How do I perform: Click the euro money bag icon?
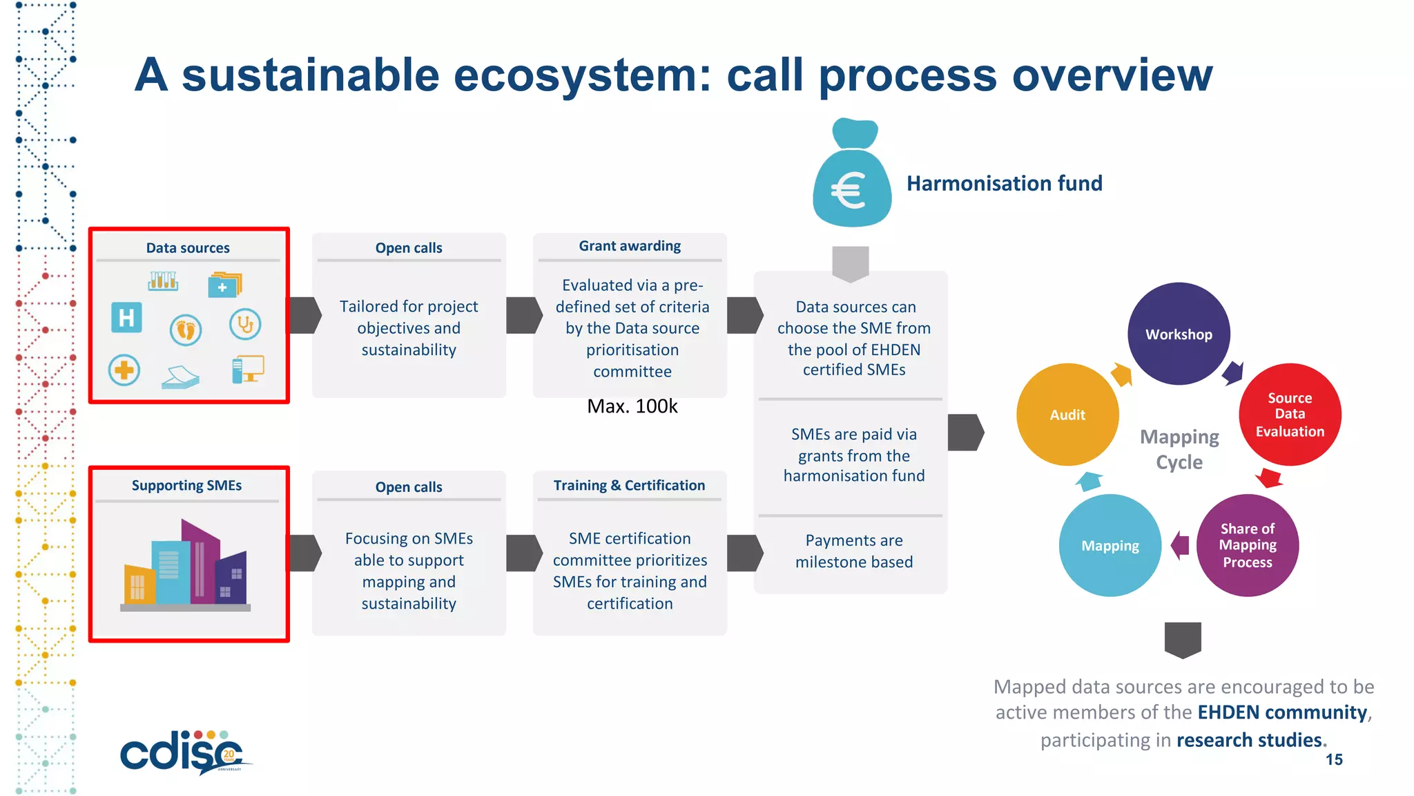(x=852, y=176)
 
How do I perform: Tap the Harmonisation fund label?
(x=1004, y=184)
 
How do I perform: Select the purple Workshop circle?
(x=1179, y=334)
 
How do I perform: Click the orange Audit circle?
(x=1067, y=415)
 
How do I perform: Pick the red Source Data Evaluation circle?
(x=1290, y=415)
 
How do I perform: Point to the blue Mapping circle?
(x=1110, y=546)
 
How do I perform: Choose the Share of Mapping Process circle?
(x=1247, y=546)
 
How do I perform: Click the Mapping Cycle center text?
(x=1179, y=449)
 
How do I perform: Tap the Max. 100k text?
(x=632, y=406)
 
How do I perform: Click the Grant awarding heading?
(x=630, y=246)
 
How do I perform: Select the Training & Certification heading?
(x=629, y=486)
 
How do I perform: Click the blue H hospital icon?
(x=126, y=318)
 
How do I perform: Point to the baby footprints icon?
(x=186, y=330)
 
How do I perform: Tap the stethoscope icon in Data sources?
(x=245, y=324)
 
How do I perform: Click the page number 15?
(x=1334, y=760)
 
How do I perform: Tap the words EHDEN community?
(x=1282, y=712)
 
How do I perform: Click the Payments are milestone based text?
(x=853, y=551)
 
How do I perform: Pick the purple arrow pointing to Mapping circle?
(x=1180, y=546)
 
